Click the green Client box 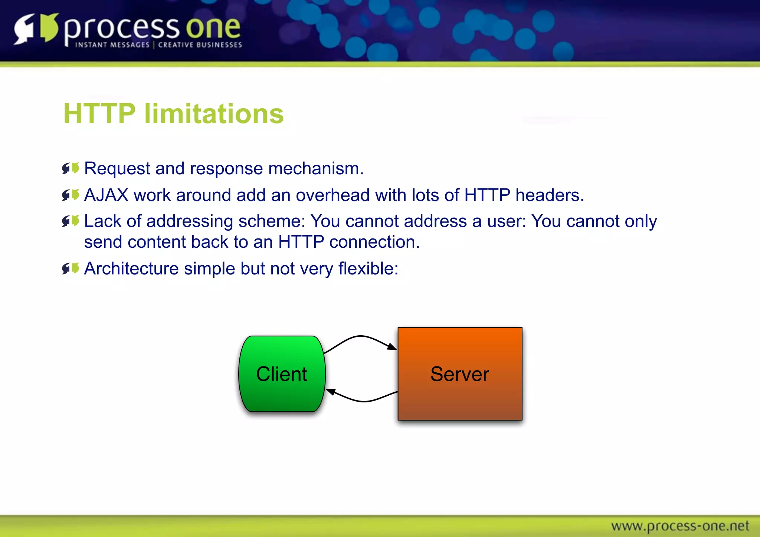[282, 374]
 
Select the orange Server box [460, 374]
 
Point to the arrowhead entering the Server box [392, 347]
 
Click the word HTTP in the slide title [99, 113]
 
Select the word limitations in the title [214, 113]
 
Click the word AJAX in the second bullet [106, 195]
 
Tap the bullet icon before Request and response [71, 168]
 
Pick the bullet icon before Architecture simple [71, 268]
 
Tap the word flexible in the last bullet [368, 268]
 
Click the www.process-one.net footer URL [680, 526]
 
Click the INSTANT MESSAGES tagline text [112, 45]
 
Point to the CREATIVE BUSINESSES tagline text [200, 45]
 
